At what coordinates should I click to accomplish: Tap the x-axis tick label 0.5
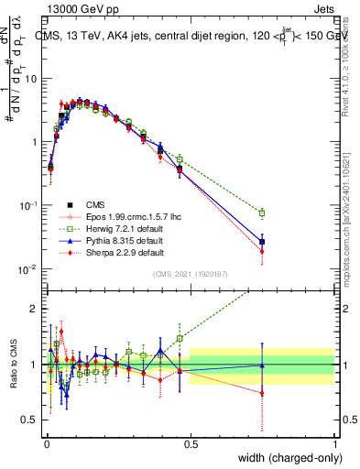click(191, 443)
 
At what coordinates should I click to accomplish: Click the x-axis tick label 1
click(335, 443)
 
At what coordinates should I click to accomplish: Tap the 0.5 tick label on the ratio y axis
click(32, 420)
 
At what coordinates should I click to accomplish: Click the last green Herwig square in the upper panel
click(262, 213)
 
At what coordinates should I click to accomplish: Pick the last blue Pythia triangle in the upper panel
click(262, 242)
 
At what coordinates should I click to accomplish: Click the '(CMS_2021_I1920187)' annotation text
click(191, 274)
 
